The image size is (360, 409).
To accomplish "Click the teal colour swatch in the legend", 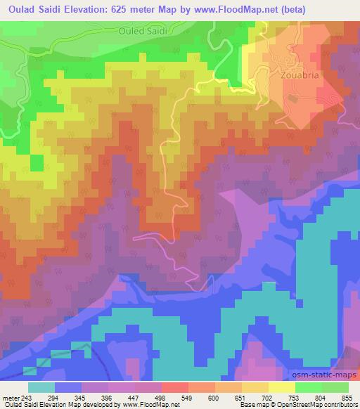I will [41, 387].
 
